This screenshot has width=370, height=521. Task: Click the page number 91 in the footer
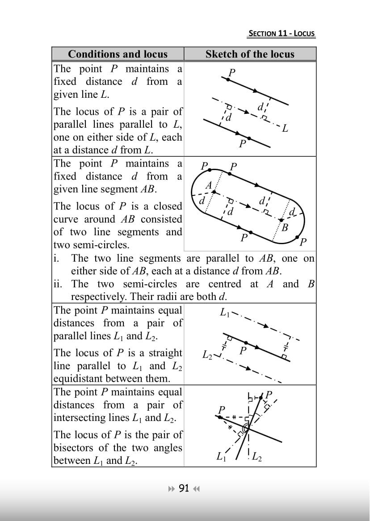(x=184, y=488)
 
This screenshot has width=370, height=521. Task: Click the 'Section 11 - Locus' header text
(x=282, y=33)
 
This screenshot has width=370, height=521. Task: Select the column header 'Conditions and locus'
(x=118, y=54)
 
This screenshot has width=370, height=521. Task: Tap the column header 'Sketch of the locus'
(x=250, y=54)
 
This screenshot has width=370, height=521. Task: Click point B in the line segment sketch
(x=284, y=226)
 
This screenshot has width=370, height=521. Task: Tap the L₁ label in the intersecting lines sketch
(x=220, y=456)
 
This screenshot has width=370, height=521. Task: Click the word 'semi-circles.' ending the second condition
(x=92, y=245)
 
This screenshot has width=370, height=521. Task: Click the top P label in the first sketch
(x=231, y=72)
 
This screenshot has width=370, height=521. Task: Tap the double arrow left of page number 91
(x=172, y=488)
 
